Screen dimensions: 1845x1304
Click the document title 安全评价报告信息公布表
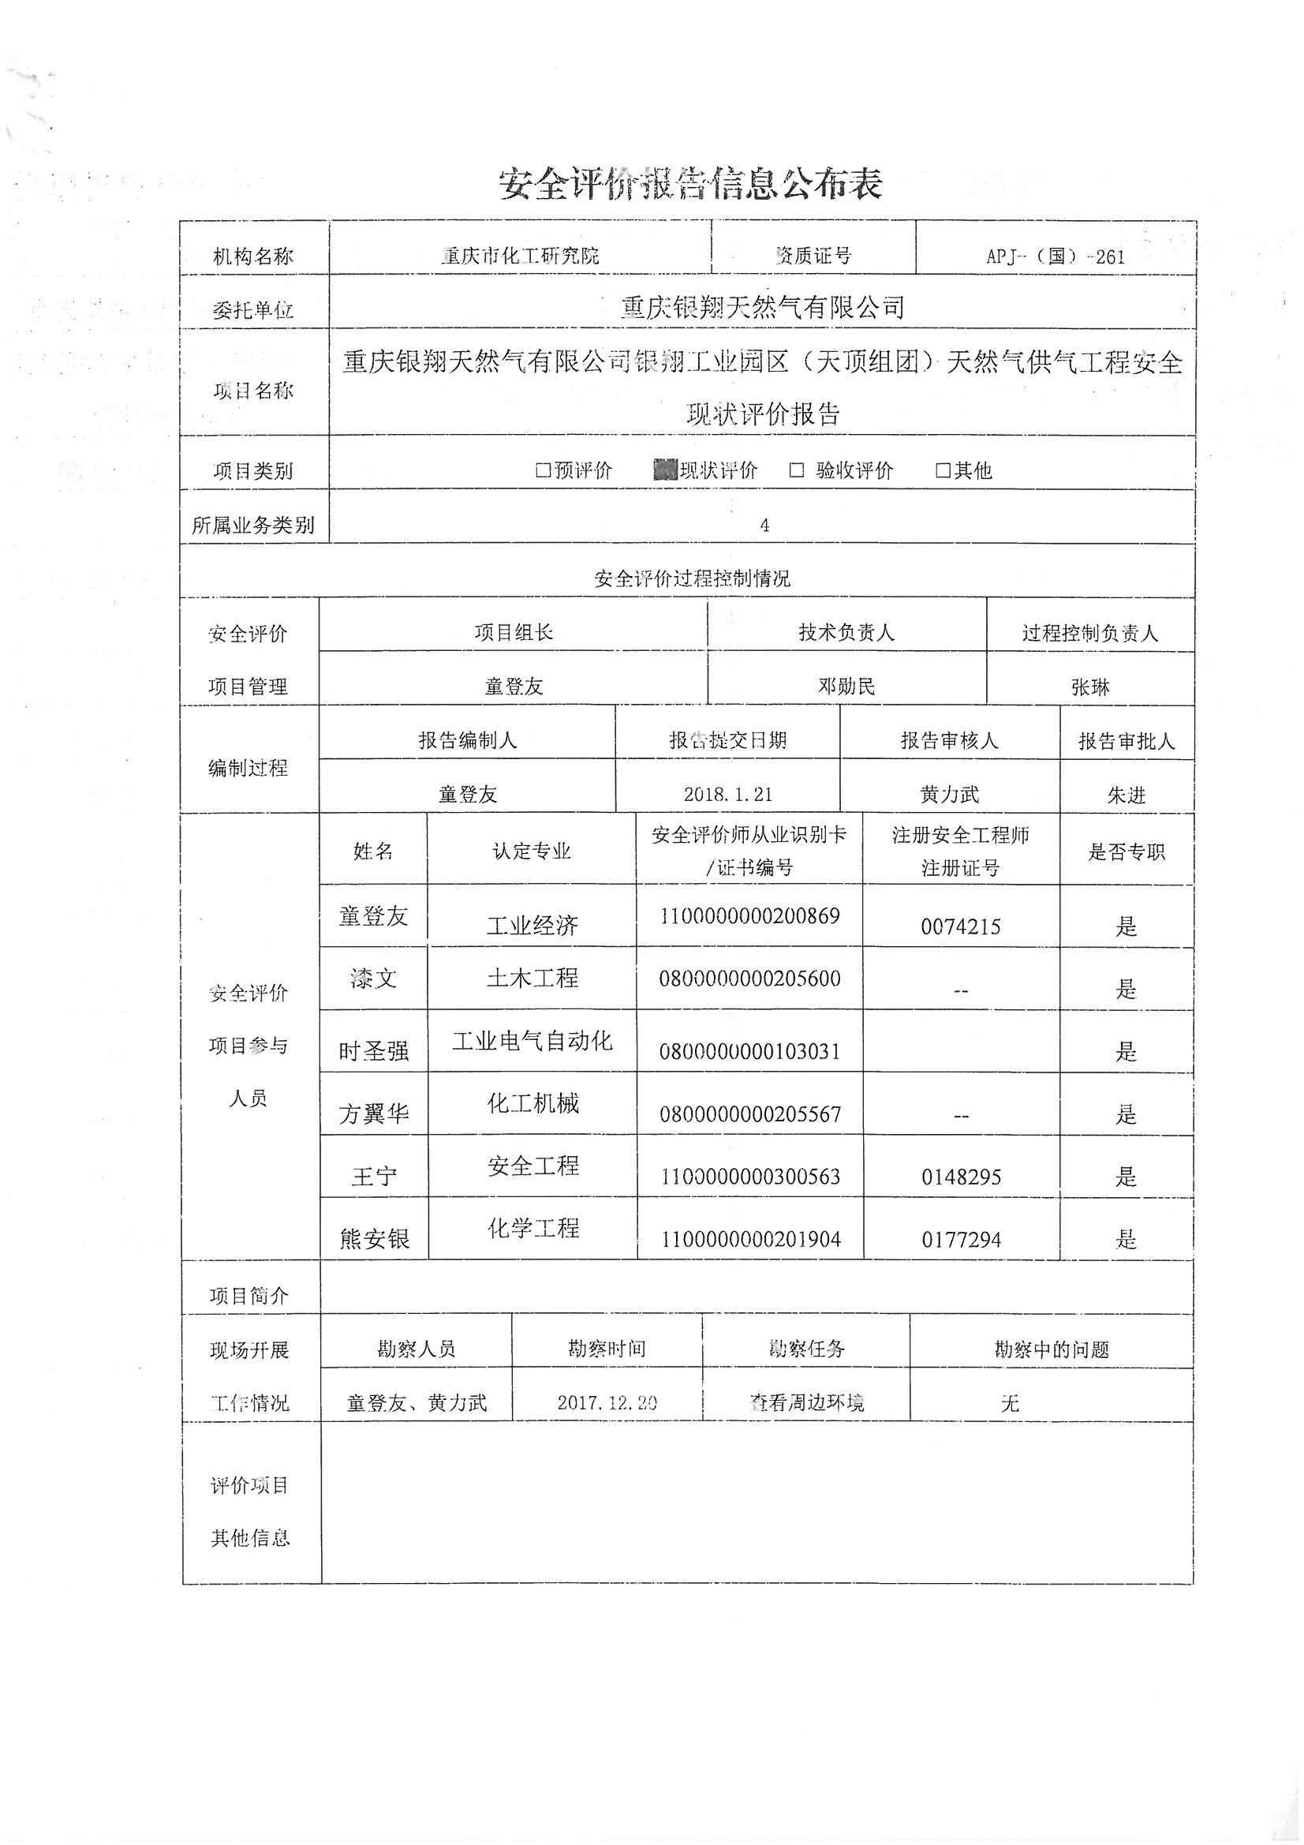tap(691, 184)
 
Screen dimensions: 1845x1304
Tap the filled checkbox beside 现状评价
tap(665, 470)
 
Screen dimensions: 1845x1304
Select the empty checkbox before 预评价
tap(543, 470)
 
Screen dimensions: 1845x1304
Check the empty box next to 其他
tap(943, 470)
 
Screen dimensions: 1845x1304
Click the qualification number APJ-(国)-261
tap(1055, 256)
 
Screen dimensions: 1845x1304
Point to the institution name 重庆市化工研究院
tap(520, 256)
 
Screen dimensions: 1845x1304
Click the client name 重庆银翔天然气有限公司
tap(763, 307)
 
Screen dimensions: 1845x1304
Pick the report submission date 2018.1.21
tap(728, 794)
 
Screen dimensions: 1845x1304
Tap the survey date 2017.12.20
tap(607, 1402)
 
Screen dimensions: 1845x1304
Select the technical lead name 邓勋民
tap(846, 687)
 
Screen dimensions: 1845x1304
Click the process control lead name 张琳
tap(1090, 687)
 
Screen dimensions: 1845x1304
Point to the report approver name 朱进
tap(1127, 795)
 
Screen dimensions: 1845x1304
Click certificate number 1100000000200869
tap(749, 916)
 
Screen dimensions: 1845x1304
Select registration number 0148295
tap(961, 1177)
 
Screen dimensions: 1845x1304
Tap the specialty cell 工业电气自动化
tap(532, 1042)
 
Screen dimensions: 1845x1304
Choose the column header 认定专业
tap(532, 851)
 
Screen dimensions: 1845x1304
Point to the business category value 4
tap(764, 525)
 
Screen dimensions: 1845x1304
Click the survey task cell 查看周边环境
tap(806, 1403)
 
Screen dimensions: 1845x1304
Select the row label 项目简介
tap(249, 1295)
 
